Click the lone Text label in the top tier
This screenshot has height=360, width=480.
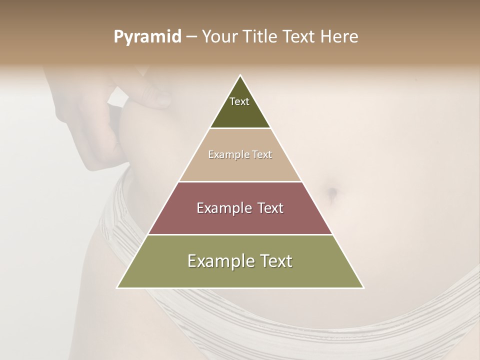point(239,101)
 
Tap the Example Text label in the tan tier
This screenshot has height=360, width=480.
point(240,154)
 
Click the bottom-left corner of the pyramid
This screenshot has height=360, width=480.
point(118,287)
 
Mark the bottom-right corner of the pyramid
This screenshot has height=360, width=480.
point(363,287)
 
